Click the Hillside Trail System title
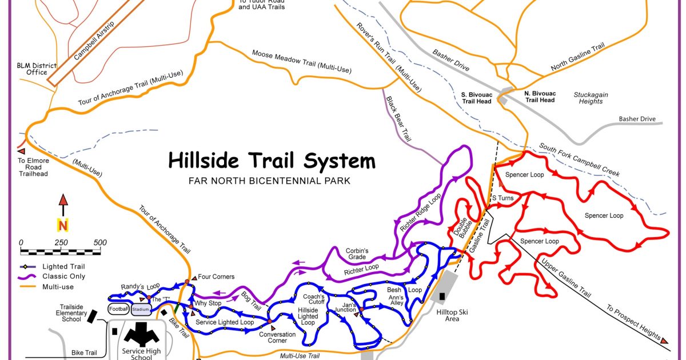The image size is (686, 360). click(272, 161)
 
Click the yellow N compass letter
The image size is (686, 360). click(63, 225)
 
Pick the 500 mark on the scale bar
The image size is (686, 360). click(99, 242)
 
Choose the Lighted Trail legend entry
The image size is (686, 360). click(63, 266)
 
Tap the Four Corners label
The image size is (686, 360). click(216, 277)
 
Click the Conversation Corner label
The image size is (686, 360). click(277, 337)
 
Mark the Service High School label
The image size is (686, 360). click(137, 354)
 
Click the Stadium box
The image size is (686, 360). click(141, 309)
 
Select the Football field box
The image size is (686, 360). click(118, 309)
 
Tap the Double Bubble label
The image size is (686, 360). click(462, 229)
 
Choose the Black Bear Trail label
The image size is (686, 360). click(399, 119)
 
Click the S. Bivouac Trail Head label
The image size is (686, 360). click(476, 97)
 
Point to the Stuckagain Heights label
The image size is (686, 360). click(591, 98)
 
